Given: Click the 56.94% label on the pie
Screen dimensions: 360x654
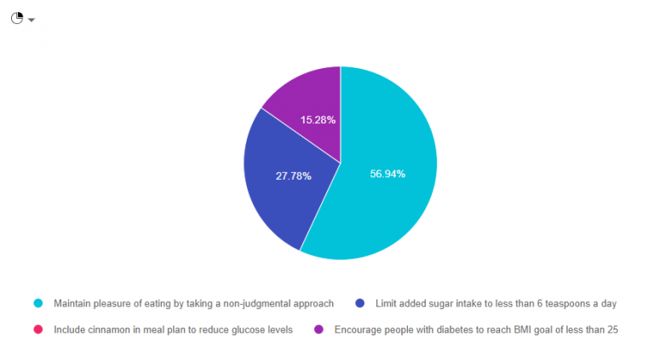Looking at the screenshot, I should pyautogui.click(x=387, y=174).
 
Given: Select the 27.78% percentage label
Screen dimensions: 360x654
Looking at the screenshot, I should pyautogui.click(x=293, y=176).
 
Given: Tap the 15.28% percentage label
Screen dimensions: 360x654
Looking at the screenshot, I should pyautogui.click(x=318, y=120).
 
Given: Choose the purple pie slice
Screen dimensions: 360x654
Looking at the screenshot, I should pyautogui.click(x=307, y=98).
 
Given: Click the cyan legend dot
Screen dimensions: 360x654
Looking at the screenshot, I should pyautogui.click(x=37, y=303).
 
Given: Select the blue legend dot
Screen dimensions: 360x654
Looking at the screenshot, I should pyautogui.click(x=359, y=303).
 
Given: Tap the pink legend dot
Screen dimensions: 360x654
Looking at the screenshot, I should pyautogui.click(x=37, y=329).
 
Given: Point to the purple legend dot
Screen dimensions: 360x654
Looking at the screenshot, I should pyautogui.click(x=318, y=329).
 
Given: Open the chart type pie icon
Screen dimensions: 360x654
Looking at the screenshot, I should pyautogui.click(x=17, y=18).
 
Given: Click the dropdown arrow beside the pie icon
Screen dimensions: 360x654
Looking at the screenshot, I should pyautogui.click(x=32, y=20).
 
